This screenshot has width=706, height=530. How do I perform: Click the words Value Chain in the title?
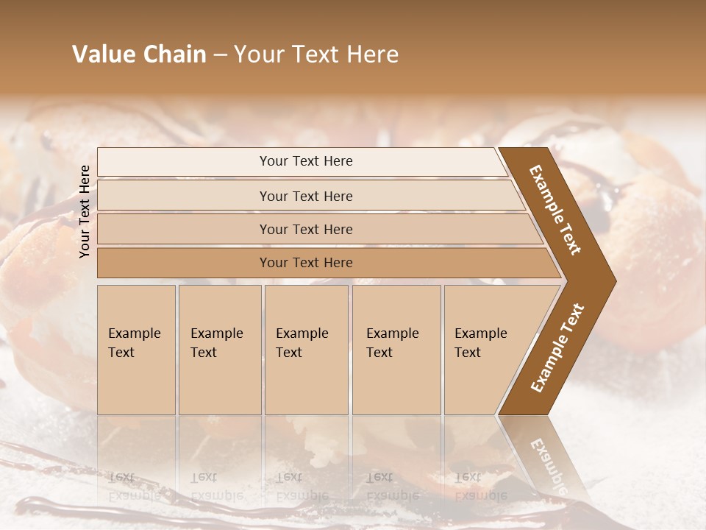(139, 54)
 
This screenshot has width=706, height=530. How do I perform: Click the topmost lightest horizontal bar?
(184, 162)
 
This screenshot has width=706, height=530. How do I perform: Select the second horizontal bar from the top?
(184, 196)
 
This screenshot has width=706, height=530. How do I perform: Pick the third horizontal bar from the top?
(184, 229)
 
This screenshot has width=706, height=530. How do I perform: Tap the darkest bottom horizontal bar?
(184, 263)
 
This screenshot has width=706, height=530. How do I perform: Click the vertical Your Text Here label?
(85, 211)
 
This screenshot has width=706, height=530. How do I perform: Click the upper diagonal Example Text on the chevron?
(555, 210)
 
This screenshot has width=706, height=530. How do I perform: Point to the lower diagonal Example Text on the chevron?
(557, 348)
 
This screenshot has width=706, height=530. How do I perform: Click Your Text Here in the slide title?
(316, 54)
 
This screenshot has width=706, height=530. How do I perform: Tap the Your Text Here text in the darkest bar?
(306, 263)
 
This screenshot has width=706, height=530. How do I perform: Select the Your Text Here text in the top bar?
(306, 161)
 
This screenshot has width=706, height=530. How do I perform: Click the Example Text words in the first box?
(134, 343)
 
